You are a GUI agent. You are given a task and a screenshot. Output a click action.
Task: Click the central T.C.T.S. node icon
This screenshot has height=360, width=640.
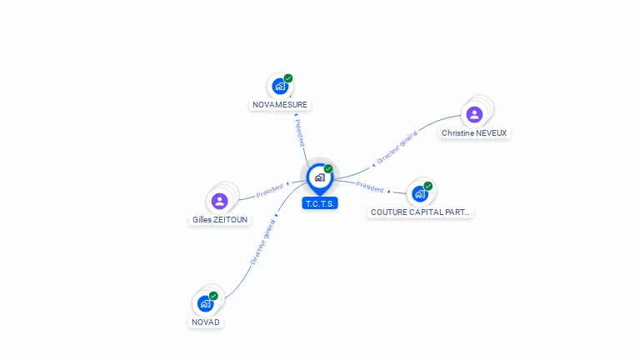pos(319,177)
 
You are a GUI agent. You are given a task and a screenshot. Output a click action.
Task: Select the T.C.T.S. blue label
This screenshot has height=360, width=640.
pos(320,203)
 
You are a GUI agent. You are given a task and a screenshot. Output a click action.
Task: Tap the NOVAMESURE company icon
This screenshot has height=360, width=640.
pos(280,86)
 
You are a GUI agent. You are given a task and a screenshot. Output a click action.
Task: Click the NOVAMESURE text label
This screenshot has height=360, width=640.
pos(280,105)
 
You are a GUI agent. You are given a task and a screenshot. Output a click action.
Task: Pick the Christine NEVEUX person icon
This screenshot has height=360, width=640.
pos(474,114)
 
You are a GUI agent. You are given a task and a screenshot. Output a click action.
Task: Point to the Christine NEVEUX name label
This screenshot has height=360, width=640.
pos(474,133)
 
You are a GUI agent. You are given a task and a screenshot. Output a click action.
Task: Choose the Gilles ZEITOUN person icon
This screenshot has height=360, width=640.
pos(219,201)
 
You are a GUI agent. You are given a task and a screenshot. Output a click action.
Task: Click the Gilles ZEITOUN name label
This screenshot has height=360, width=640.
pos(220,220)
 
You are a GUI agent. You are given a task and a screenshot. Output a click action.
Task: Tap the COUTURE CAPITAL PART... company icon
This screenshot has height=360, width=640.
pos(420,193)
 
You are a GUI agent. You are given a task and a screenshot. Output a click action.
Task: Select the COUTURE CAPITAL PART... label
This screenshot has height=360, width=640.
pos(421,212)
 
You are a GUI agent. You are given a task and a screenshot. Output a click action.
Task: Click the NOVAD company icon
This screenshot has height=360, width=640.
pos(206,303)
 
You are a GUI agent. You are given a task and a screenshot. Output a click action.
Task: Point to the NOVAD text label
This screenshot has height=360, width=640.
pos(206,322)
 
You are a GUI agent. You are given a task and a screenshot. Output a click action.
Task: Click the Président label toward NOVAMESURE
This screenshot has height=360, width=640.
pos(299,132)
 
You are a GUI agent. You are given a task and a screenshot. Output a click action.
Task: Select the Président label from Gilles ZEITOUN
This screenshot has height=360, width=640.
pos(271,190)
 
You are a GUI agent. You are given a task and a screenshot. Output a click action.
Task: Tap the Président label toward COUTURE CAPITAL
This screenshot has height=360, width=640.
pos(371,187)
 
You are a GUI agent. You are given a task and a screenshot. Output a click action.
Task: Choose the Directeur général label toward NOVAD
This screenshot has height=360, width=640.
pos(263,242)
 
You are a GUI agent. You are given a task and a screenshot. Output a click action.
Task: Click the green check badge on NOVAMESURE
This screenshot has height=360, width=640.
pos(288,78)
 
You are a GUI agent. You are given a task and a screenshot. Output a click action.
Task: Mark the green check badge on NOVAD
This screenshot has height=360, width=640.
pos(213,296)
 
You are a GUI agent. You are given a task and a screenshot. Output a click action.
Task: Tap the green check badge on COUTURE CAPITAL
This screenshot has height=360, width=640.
pos(428,186)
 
